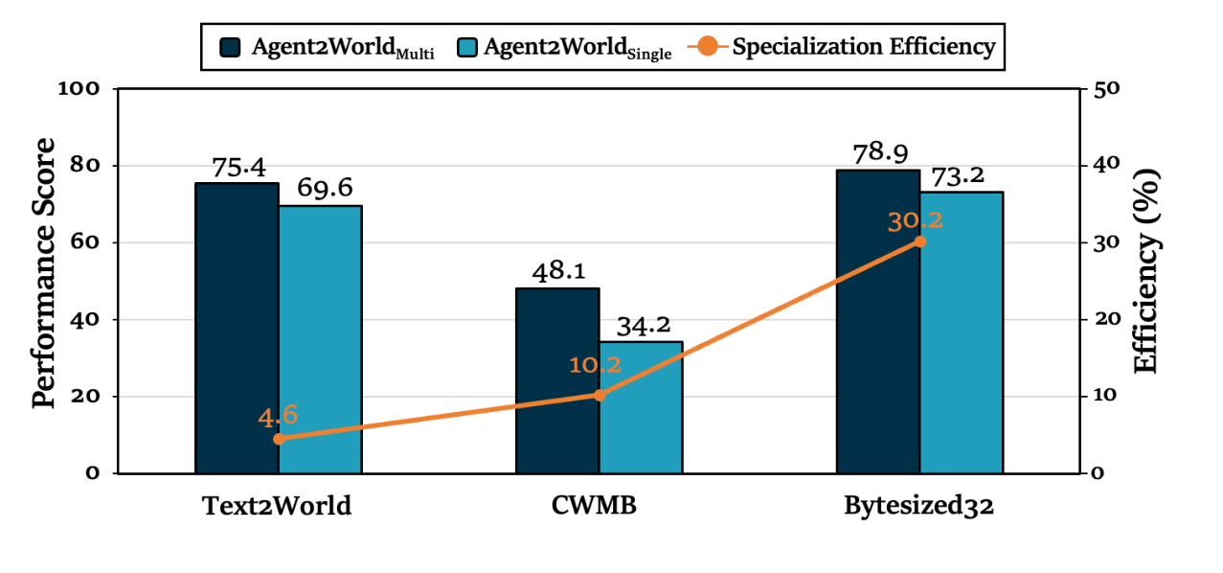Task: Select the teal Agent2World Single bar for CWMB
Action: pos(641,407)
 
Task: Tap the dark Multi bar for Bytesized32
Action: pos(877,321)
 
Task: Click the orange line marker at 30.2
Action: pos(919,241)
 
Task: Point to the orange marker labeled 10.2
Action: pos(600,395)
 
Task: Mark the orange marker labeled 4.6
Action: pos(279,439)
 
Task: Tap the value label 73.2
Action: pos(961,175)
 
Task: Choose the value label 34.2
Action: pos(641,326)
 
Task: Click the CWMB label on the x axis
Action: pos(599,506)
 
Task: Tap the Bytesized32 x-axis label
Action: pos(918,506)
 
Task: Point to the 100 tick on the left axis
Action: pos(79,89)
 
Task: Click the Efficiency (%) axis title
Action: pos(1147,272)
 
